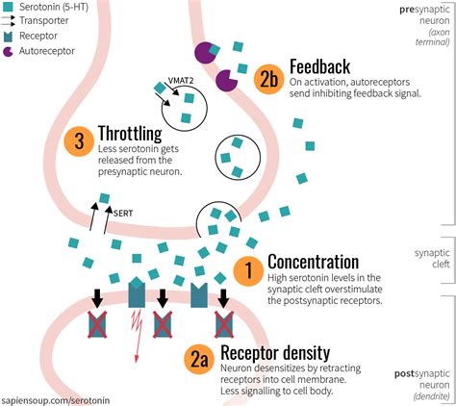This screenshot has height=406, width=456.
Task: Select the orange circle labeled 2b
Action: (x=268, y=81)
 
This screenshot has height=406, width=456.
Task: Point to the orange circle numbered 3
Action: (x=78, y=141)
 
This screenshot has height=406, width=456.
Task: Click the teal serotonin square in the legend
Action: (x=10, y=9)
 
